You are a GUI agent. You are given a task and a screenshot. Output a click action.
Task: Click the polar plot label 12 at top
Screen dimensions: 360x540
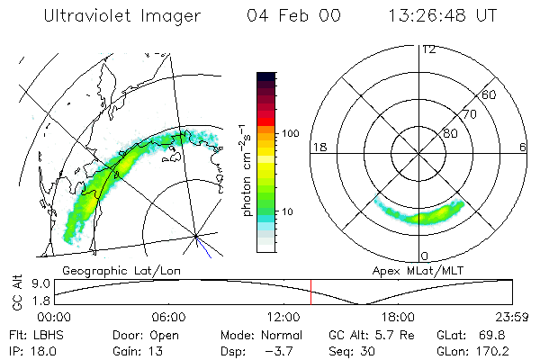coord(428,49)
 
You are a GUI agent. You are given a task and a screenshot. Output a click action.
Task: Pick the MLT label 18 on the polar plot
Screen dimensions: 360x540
coord(318,147)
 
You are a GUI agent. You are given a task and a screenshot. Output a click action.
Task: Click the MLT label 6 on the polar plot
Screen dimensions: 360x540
coord(523,147)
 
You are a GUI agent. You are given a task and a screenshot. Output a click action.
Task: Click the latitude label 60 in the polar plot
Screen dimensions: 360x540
coord(489,94)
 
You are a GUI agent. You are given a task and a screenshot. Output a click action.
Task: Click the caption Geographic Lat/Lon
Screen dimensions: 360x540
coord(113,270)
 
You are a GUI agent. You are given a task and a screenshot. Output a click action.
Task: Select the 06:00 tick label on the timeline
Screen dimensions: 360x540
coord(168,317)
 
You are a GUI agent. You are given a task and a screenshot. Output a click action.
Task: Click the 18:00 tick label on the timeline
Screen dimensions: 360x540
coord(398,317)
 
